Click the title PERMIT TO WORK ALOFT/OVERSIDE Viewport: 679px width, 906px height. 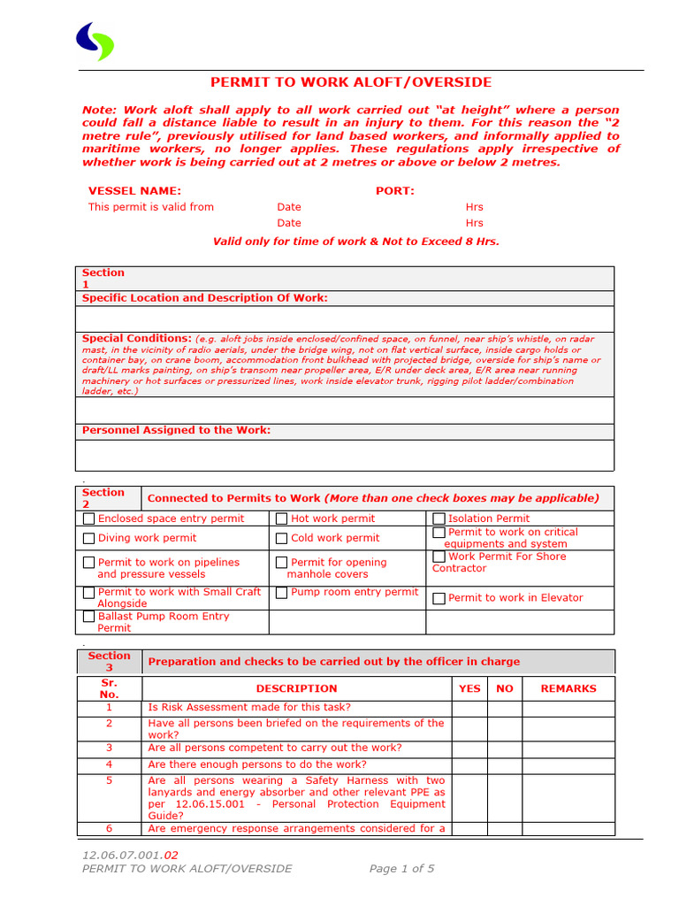[351, 82]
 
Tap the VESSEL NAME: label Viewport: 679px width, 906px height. [134, 191]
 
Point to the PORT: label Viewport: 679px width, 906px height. [395, 191]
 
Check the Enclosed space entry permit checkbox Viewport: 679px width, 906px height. [88, 519]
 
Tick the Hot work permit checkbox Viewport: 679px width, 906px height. [282, 519]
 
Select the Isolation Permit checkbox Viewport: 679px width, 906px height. [439, 519]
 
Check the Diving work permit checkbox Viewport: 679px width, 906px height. [88, 539]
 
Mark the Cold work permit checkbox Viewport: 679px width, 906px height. [282, 539]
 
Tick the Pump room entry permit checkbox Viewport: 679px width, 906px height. [282, 593]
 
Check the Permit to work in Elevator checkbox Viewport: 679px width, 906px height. [439, 599]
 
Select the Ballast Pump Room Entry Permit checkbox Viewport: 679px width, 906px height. [88, 617]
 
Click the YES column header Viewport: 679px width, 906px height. [470, 688]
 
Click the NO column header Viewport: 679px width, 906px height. [505, 688]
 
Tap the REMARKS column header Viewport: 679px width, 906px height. [568, 688]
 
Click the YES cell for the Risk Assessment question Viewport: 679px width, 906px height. [470, 708]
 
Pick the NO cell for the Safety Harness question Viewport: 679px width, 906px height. [505, 798]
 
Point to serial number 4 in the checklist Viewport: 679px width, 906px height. [110, 764]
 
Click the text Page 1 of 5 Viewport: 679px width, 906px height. [401, 869]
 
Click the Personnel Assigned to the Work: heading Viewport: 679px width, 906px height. [177, 431]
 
